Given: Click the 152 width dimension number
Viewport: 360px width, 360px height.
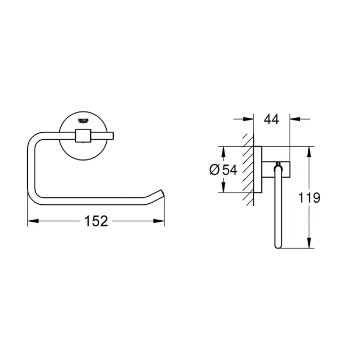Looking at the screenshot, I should pos(97,220).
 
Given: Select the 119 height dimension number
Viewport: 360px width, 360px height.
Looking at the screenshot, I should pos(309,198).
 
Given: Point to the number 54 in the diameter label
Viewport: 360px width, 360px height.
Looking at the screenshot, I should pos(229,170).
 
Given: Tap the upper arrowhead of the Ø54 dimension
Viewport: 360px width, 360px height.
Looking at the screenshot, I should pos(223,150).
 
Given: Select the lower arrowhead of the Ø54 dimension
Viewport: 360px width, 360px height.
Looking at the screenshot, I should pos(223,190).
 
